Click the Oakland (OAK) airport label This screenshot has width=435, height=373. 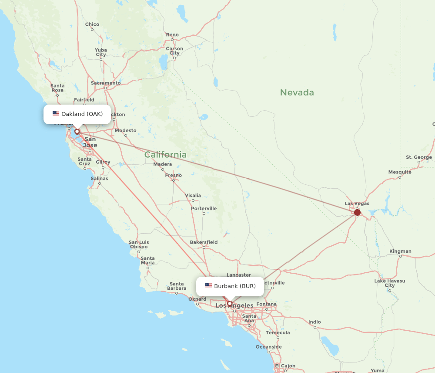coord(82,114)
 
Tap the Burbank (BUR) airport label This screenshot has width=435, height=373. coord(234,286)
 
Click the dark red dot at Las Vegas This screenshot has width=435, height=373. coord(357,212)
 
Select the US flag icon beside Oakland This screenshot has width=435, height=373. coord(56,114)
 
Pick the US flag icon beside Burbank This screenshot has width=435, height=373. coord(208,286)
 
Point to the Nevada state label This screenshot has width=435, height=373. coord(297,92)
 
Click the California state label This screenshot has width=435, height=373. coord(165,155)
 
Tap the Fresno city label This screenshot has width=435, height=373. coord(173,175)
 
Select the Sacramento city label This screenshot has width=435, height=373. coord(106,83)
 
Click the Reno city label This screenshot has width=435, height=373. coord(172,35)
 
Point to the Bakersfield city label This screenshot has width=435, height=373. coord(204,242)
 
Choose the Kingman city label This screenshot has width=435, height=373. coord(400,251)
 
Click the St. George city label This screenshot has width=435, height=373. coord(419,157)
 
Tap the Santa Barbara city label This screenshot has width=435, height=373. coord(177,286)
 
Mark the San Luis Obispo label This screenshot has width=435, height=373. coord(139,244)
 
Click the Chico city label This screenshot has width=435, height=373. coord(92,24)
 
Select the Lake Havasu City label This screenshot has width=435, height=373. coord(390,283)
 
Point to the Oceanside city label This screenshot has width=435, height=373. coord(268,347)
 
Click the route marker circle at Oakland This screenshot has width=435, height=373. coord(77,131)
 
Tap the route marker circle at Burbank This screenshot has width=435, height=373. coord(230,303)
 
